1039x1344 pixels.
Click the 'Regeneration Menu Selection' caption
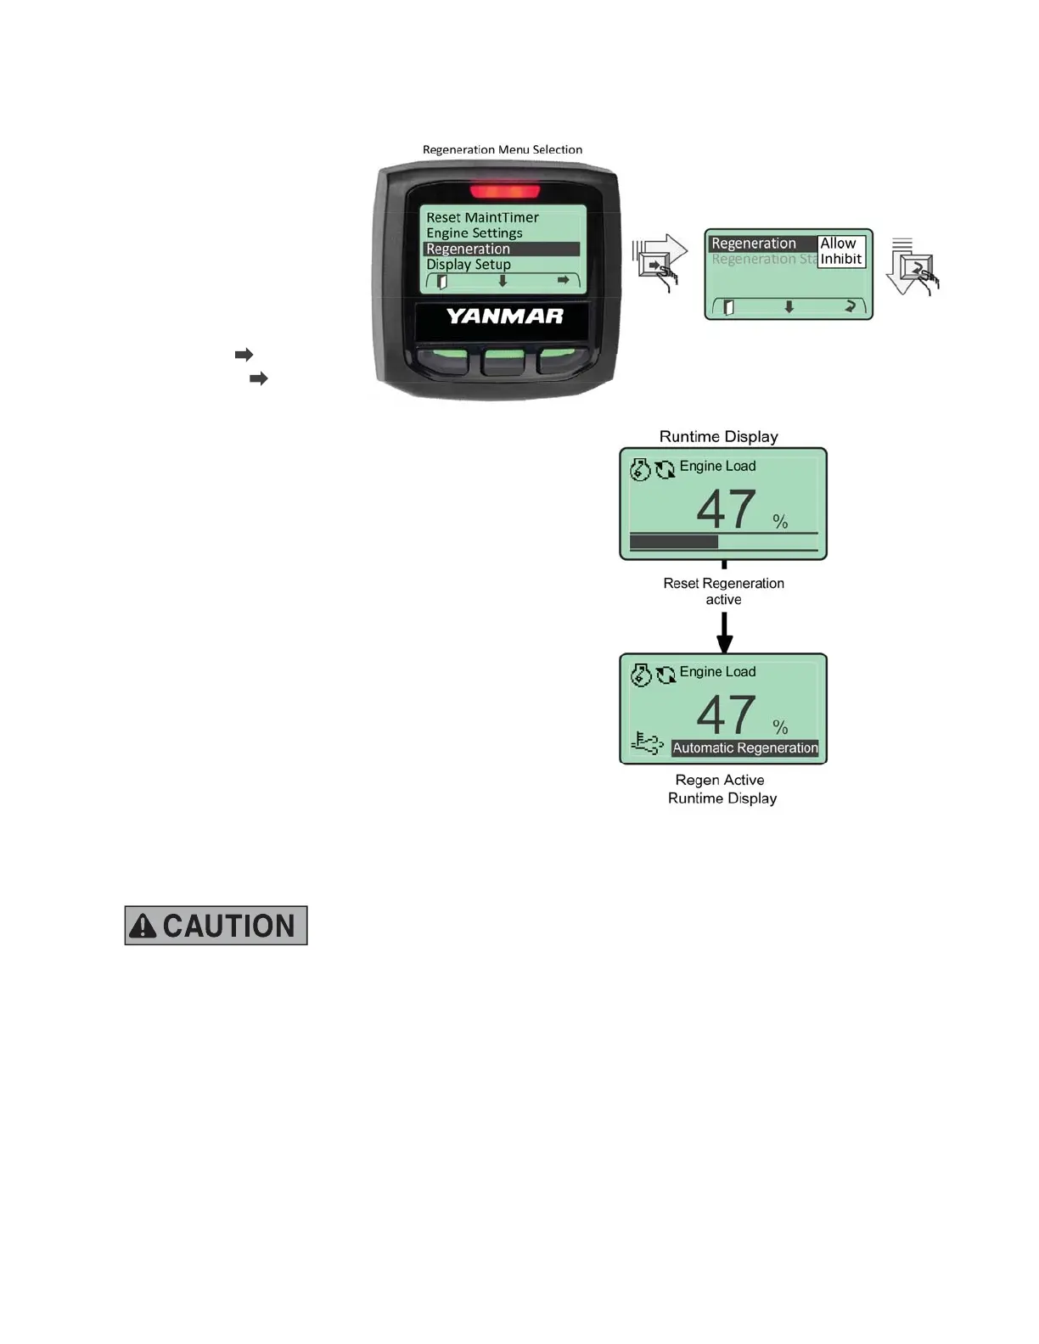point(503,149)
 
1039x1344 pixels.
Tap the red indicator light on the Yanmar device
point(504,191)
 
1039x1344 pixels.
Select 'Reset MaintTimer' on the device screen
point(482,217)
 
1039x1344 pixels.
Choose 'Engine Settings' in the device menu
point(475,233)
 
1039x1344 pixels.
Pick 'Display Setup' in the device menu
point(469,265)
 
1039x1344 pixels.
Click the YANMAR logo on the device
point(505,316)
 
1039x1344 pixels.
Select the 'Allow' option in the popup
point(839,244)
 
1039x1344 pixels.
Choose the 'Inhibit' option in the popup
point(841,259)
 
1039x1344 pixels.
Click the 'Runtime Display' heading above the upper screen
point(719,436)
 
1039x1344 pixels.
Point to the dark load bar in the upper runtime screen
point(674,542)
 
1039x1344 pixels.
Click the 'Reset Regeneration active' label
point(724,591)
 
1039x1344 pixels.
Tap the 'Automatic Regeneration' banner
point(745,748)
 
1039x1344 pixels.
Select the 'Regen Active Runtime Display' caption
point(722,789)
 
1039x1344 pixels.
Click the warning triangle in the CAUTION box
point(143,926)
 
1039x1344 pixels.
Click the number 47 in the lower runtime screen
point(726,714)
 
